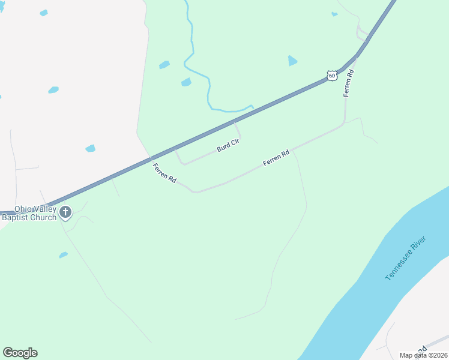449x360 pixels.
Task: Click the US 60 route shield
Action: [x=332, y=75]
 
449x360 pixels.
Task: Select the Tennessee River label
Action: [x=406, y=258]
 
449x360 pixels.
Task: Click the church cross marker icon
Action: [x=65, y=212]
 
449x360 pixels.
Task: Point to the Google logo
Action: [x=20, y=353]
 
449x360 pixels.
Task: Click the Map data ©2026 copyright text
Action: [x=424, y=355]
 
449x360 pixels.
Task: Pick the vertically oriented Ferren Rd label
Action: [x=348, y=83]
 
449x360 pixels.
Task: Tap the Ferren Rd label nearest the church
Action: [x=164, y=173]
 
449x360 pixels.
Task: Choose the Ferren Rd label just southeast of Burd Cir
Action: [x=276, y=158]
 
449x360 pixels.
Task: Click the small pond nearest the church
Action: [x=63, y=255]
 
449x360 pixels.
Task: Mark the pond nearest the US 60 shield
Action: [x=292, y=61]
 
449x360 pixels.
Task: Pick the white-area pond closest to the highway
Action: [x=91, y=148]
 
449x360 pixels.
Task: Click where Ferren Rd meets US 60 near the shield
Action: [x=357, y=58]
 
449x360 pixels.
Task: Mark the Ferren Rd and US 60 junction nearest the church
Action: [x=151, y=159]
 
